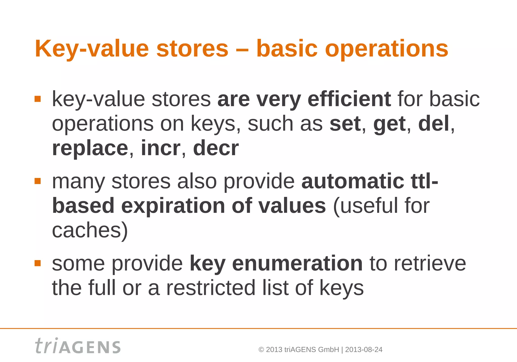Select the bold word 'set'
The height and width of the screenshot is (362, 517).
[x=345, y=124]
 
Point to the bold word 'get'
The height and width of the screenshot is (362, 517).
[x=389, y=124]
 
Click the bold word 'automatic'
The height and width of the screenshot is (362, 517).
[x=353, y=181]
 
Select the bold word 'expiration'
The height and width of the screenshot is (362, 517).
[x=173, y=206]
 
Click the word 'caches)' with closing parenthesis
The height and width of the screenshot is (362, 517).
[x=90, y=230]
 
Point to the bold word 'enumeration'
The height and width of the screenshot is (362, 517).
[x=297, y=263]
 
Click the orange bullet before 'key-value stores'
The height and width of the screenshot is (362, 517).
[x=38, y=99]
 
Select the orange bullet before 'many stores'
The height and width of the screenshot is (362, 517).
[x=38, y=181]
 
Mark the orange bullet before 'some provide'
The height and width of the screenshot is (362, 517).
[x=38, y=263]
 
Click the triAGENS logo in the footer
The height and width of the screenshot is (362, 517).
[x=78, y=346]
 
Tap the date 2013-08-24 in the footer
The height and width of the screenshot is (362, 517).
[x=364, y=350]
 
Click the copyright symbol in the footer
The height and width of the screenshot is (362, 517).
[x=261, y=350]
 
